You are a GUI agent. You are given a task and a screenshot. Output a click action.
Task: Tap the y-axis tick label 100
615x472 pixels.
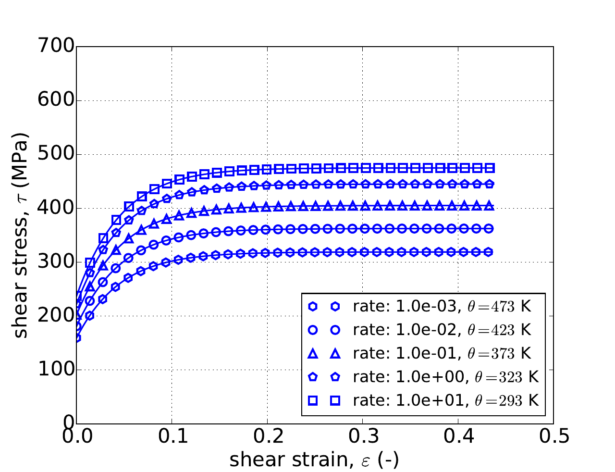pos(57,370)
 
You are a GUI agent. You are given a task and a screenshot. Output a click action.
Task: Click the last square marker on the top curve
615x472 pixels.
pos(490,168)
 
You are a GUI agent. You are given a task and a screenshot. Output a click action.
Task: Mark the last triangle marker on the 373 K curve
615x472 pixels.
pos(490,206)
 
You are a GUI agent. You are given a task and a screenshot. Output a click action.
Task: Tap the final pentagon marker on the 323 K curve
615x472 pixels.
pos(489,184)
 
